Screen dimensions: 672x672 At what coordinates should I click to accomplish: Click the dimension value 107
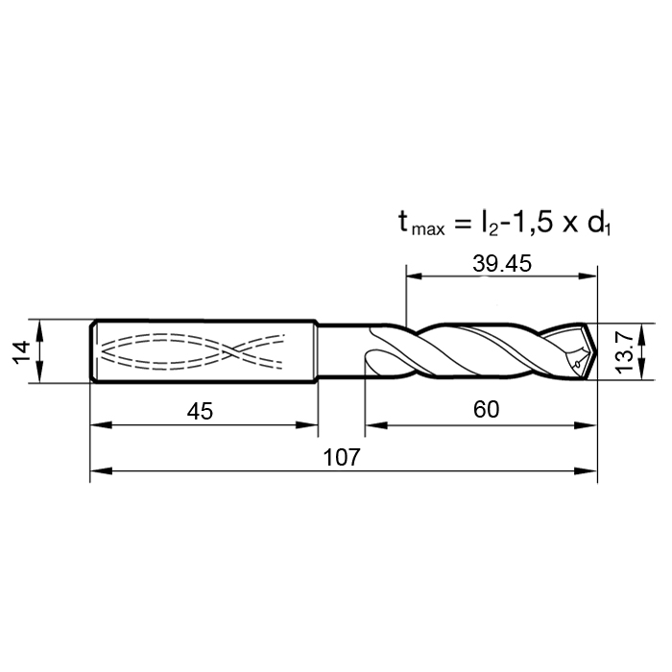[x=342, y=457]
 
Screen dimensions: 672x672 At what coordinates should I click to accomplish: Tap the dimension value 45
[x=200, y=412]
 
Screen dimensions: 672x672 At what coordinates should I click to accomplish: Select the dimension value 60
[x=486, y=409]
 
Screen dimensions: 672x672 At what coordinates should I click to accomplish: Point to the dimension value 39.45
[x=502, y=263]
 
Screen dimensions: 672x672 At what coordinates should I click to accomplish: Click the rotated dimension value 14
[x=22, y=351]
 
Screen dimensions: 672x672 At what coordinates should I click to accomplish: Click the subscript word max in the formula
[x=428, y=230]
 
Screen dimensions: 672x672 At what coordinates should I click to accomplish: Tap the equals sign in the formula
[x=462, y=224]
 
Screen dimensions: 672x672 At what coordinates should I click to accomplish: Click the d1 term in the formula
[x=599, y=224]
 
